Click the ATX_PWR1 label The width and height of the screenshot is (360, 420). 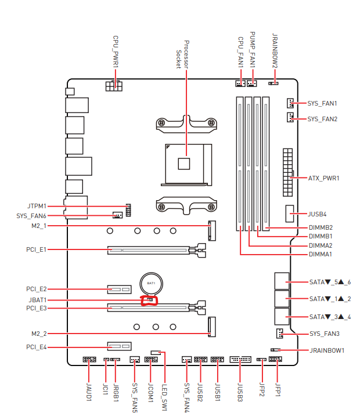pyautogui.click(x=323, y=178)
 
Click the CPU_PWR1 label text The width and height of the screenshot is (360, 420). pyautogui.click(x=116, y=52)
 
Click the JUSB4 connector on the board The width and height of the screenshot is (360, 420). pyautogui.click(x=289, y=214)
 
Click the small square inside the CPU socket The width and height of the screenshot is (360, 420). pyautogui.click(x=184, y=163)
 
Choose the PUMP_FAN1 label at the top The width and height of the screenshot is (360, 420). pyautogui.click(x=253, y=50)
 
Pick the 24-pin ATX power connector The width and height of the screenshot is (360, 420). pyautogui.click(x=286, y=173)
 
